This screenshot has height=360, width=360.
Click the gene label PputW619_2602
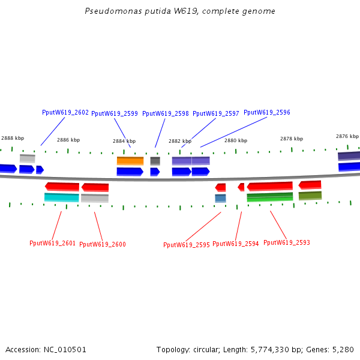tap(65, 113)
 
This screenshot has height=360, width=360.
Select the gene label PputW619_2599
tap(115, 113)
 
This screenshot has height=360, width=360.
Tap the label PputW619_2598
tap(166, 113)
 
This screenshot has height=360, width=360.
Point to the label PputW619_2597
tap(216, 113)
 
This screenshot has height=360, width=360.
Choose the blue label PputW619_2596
tap(267, 113)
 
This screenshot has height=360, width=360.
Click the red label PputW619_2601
tap(53, 243)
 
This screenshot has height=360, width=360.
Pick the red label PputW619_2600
tap(103, 244)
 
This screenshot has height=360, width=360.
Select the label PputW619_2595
tap(187, 245)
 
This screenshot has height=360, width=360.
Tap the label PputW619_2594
tap(236, 244)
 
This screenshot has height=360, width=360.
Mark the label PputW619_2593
tap(287, 243)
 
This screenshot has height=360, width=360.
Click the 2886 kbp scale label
tap(68, 140)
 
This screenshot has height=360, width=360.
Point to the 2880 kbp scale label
tap(236, 140)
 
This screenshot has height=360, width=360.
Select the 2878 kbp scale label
tap(292, 139)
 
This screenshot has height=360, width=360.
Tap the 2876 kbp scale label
tap(347, 136)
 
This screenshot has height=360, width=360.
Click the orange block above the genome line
tap(130, 161)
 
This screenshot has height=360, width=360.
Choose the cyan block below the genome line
tap(62, 197)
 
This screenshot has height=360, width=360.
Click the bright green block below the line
tap(270, 197)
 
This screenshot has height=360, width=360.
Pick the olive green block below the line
tap(310, 196)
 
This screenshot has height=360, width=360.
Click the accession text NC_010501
tap(46, 350)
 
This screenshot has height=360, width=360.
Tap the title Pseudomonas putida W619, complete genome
tap(180, 11)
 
